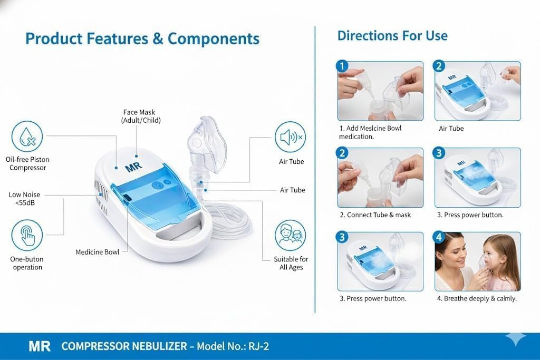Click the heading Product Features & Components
(142, 38)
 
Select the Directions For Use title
(392, 36)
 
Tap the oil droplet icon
(27, 137)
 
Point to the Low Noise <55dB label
(24, 199)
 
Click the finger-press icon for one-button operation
(27, 236)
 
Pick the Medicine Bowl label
(98, 252)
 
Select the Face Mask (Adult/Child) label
(140, 116)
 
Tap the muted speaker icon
(291, 137)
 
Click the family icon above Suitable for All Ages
(291, 236)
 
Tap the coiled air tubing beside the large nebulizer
(229, 220)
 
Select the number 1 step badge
(342, 66)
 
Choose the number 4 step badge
(439, 237)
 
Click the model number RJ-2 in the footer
(258, 346)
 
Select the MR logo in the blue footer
(40, 346)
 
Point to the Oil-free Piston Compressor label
(27, 163)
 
